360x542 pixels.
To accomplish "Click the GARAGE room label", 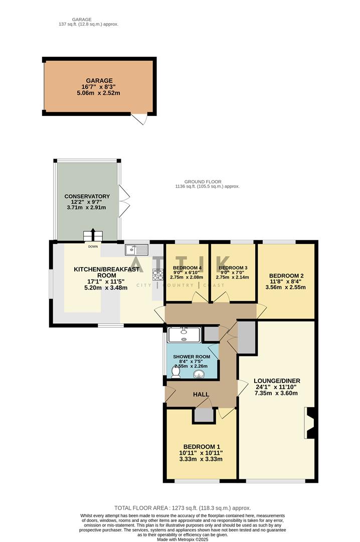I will (98, 80).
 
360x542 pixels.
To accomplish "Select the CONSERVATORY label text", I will (87, 196).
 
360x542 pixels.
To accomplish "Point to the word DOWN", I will (93, 246).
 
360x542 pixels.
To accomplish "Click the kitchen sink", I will (136, 248).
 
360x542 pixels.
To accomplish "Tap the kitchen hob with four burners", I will (157, 275).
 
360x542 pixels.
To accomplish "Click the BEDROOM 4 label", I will (187, 268).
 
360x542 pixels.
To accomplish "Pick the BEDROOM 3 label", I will (233, 268).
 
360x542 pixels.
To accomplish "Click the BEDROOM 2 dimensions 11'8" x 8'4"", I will (286, 282).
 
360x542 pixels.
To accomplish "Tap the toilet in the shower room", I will (176, 372).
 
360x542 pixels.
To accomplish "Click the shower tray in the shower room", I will (185, 334).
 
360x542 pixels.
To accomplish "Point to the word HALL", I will (201, 395).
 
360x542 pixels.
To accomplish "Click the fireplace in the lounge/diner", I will (309, 423).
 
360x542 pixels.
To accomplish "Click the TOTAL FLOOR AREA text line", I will (183, 508).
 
